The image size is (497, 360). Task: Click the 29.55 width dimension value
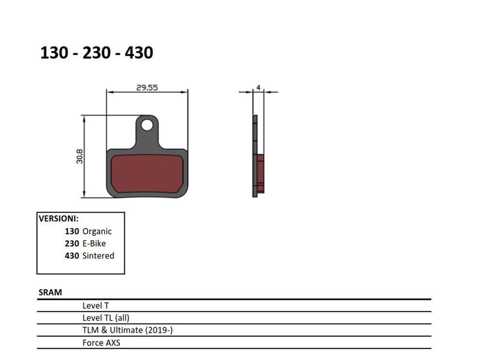(147, 87)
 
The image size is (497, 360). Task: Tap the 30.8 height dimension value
(80, 157)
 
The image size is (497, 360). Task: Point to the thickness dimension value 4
(259, 87)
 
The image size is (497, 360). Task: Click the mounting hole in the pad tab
(147, 125)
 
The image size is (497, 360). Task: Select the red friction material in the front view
(147, 173)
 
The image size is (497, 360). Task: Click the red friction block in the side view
(260, 173)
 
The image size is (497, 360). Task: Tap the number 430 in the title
(139, 52)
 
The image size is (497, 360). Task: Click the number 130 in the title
(54, 52)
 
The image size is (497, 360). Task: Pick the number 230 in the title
(97, 52)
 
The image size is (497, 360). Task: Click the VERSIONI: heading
(59, 219)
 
